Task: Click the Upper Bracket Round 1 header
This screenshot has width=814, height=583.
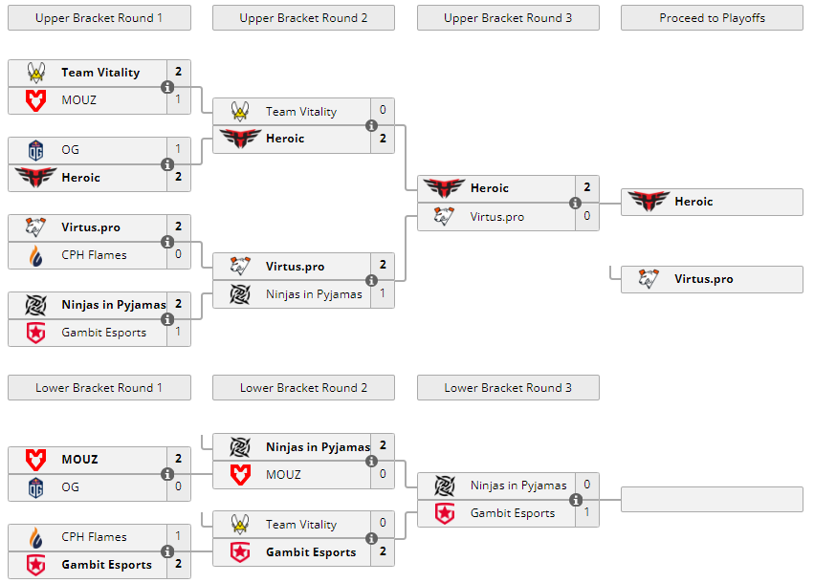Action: (x=99, y=17)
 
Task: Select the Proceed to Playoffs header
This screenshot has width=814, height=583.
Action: (x=712, y=17)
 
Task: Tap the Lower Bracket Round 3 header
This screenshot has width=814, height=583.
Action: (x=508, y=387)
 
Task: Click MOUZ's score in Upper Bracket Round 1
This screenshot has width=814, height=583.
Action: (x=178, y=99)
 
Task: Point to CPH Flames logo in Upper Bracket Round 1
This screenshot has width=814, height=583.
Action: (x=35, y=255)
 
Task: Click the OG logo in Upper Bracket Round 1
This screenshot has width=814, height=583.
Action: (x=35, y=149)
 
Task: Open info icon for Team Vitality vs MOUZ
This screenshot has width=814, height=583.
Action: (x=167, y=87)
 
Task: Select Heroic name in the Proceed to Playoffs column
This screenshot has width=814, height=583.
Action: (x=693, y=202)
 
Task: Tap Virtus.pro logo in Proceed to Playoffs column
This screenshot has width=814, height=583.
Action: (x=649, y=279)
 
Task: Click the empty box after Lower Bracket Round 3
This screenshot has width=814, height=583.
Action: (x=712, y=499)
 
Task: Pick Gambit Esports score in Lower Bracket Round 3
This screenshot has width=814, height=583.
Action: (x=587, y=513)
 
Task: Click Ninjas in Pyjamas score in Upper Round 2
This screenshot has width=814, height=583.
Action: (x=383, y=293)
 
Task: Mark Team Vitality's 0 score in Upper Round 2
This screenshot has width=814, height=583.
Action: (x=383, y=111)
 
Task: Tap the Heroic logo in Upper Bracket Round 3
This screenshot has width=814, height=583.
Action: (x=444, y=188)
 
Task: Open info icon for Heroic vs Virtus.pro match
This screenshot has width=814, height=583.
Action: (x=576, y=203)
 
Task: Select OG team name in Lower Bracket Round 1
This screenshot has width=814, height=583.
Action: (x=71, y=486)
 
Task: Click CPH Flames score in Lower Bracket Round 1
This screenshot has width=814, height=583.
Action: (x=178, y=536)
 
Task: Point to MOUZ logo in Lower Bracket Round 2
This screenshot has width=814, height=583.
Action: (x=240, y=474)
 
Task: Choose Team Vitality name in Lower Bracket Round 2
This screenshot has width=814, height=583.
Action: (x=301, y=524)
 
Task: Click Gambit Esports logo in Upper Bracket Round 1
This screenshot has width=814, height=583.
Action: (x=35, y=333)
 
